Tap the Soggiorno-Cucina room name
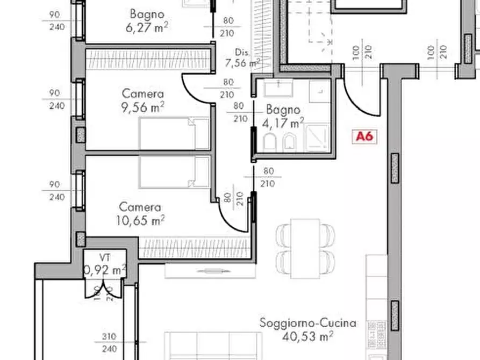click(307, 323)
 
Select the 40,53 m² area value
click(307, 336)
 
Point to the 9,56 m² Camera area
click(142, 107)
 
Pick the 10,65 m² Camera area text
click(140, 220)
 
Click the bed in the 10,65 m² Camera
click(174, 172)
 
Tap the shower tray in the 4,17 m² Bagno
click(317, 139)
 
